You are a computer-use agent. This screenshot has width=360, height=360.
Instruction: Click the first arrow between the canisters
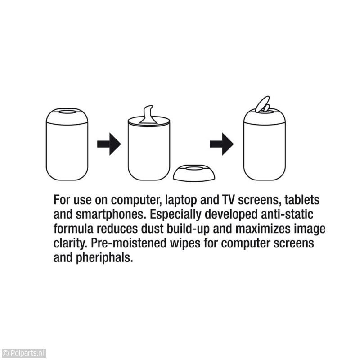(109, 144)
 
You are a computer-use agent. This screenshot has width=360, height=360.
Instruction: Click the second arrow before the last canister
(222, 144)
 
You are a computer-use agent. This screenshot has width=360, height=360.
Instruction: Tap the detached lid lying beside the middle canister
(194, 173)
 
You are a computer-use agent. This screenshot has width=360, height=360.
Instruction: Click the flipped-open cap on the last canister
(263, 104)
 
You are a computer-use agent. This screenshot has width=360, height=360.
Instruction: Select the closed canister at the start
(67, 144)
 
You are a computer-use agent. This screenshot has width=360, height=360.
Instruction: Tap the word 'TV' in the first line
(228, 200)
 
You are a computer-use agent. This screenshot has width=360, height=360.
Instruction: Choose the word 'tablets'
(302, 200)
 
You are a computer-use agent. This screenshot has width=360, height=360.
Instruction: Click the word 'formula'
(73, 229)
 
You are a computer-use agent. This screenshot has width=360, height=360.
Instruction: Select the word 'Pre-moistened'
(129, 243)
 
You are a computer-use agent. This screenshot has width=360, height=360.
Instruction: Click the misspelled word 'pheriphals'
(104, 257)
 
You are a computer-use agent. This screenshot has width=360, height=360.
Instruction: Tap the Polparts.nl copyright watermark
(23, 353)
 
